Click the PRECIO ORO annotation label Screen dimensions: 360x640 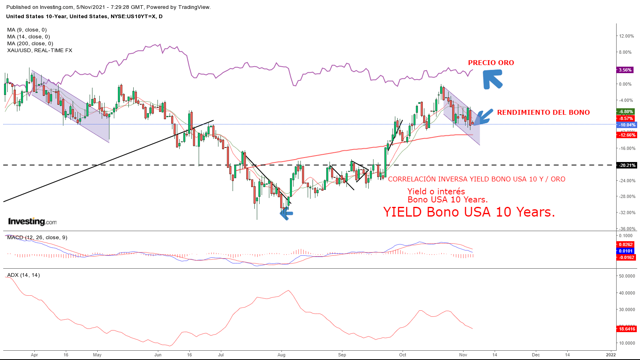(491, 63)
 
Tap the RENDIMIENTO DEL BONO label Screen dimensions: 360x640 (543, 112)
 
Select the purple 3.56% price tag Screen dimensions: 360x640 (625, 70)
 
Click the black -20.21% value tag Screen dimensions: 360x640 (627, 165)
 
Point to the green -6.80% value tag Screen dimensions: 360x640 (626, 112)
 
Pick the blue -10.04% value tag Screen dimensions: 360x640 (627, 125)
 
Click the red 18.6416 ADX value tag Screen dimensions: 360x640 (627, 329)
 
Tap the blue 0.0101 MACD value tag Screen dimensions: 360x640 (625, 251)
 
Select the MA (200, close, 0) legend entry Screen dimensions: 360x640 (30, 44)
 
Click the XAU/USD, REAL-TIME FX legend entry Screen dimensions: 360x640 (40, 51)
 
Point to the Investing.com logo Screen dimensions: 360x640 (32, 221)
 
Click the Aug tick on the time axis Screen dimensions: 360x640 (281, 355)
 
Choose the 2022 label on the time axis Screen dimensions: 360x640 (611, 355)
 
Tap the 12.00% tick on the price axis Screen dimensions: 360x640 (626, 36)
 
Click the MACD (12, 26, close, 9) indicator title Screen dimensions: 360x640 (37, 238)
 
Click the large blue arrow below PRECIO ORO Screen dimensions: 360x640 (492, 79)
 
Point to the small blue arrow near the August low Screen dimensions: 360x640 (286, 214)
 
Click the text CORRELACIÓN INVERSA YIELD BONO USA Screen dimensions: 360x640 (476, 179)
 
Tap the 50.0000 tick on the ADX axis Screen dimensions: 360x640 (627, 276)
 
